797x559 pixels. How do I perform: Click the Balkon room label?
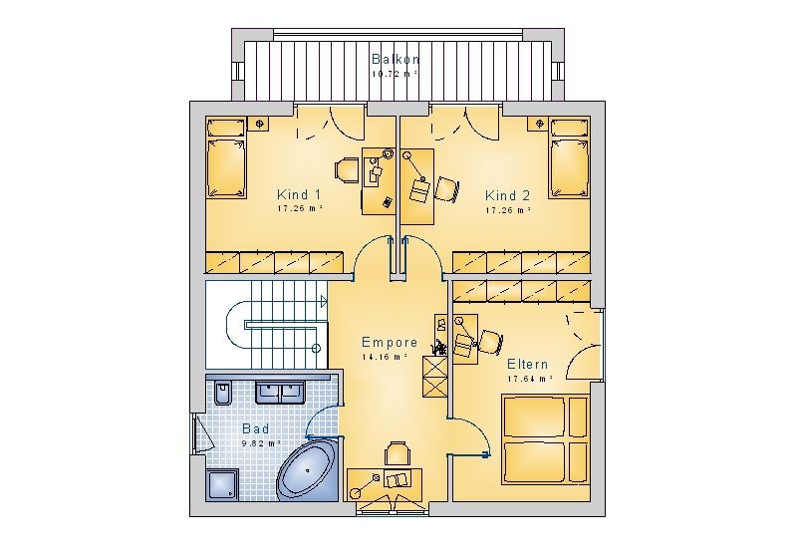396,59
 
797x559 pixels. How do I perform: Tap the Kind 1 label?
299,194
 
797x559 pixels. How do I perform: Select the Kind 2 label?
507,195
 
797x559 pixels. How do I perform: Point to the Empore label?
390,342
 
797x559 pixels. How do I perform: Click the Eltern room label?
528,365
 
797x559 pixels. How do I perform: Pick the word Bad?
256,428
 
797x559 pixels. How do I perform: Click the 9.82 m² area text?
261,443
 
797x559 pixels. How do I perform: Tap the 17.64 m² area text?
530,379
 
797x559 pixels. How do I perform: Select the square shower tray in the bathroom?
222,485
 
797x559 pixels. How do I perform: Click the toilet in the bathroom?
222,392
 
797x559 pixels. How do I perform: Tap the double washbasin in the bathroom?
280,392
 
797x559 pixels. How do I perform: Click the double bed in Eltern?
545,438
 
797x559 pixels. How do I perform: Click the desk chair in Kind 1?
347,169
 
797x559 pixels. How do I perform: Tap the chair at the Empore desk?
398,453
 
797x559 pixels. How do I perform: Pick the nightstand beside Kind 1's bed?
259,124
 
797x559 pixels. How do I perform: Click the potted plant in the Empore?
439,348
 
